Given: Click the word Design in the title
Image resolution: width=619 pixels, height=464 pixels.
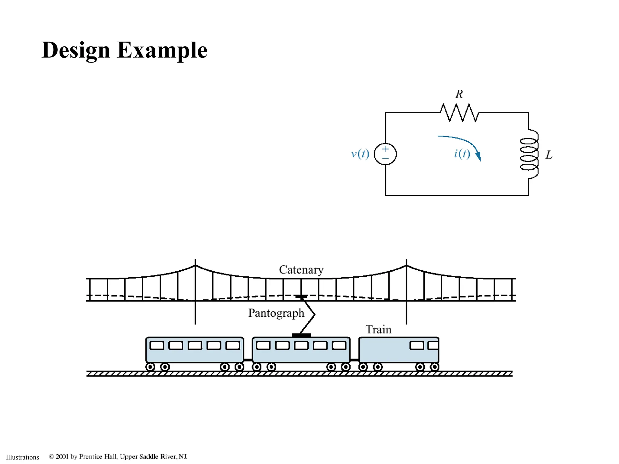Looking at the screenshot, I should (x=76, y=50).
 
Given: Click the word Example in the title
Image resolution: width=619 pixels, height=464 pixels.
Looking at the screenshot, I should (x=162, y=50).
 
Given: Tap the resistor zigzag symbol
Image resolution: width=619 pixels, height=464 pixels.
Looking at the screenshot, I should (x=459, y=113).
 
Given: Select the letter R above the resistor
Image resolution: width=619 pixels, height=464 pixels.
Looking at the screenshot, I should (x=459, y=94).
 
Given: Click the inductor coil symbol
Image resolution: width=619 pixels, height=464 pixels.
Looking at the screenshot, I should (x=529, y=154).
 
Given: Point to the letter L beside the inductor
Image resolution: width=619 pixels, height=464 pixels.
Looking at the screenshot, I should (x=549, y=155).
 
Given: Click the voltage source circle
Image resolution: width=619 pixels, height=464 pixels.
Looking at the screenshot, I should (x=385, y=154).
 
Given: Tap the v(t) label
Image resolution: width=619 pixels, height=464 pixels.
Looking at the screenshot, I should (x=360, y=154).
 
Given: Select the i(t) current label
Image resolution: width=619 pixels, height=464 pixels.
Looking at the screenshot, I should (x=462, y=154).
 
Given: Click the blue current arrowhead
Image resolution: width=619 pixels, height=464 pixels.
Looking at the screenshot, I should (x=478, y=156).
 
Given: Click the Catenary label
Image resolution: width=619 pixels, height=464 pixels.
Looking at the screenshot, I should (x=301, y=270).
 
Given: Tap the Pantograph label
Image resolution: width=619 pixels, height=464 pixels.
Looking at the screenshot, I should (x=276, y=313).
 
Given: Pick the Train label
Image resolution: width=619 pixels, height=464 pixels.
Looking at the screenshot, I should (x=378, y=330).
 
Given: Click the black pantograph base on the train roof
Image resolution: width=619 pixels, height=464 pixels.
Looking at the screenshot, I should (x=301, y=335).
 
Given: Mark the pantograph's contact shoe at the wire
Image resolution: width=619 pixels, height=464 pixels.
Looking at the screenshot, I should (x=301, y=297).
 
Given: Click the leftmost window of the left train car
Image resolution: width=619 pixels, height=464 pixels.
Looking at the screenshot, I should (x=157, y=345).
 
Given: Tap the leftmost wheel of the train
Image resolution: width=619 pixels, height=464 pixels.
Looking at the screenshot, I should (x=150, y=367).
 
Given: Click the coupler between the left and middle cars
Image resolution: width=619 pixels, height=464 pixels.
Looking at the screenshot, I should (x=248, y=360).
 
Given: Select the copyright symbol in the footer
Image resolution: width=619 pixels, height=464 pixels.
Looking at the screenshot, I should (x=51, y=456).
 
